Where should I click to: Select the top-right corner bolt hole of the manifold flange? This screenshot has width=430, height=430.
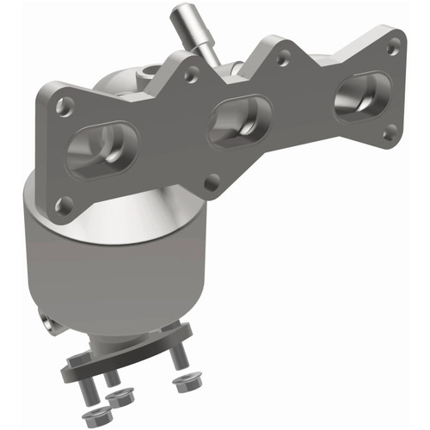click(x=392, y=50)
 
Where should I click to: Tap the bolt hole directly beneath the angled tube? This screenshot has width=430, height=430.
click(x=191, y=76)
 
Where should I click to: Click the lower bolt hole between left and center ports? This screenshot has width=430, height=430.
click(x=212, y=181)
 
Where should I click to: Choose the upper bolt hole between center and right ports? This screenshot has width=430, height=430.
click(x=281, y=61)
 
